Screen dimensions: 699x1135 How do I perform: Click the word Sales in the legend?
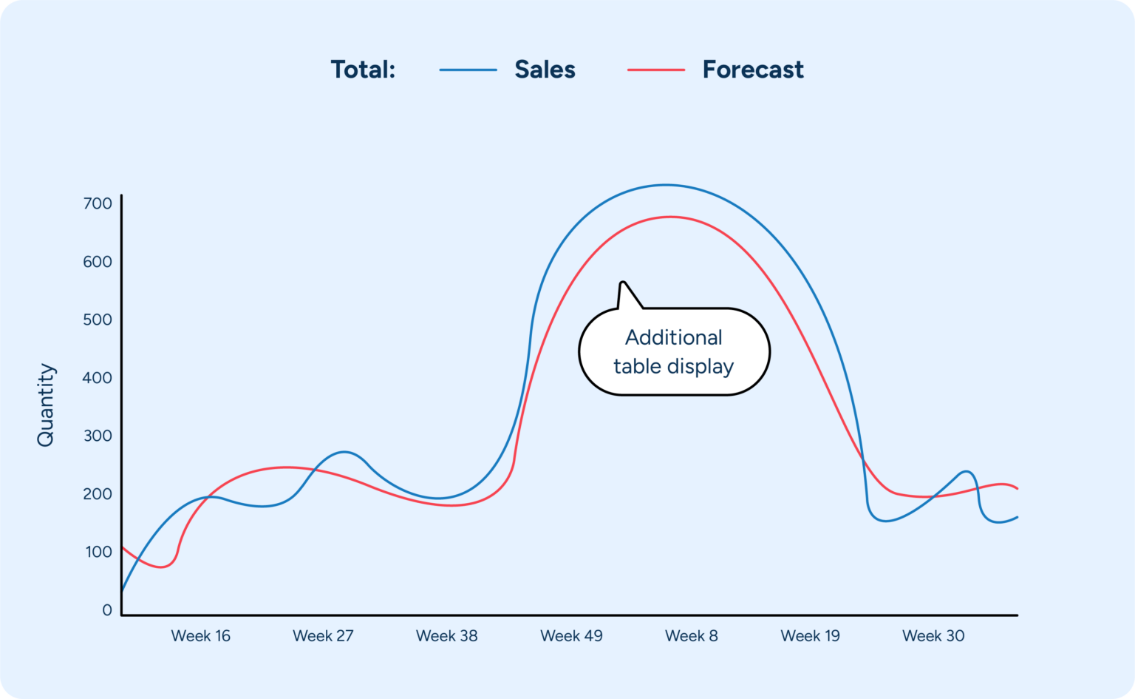(x=545, y=70)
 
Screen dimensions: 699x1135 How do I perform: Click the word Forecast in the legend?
(x=752, y=70)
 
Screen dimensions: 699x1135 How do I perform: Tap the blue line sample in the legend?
(x=468, y=70)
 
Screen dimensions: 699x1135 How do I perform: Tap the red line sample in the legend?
(x=655, y=70)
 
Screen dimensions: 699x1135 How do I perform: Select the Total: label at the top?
(x=363, y=70)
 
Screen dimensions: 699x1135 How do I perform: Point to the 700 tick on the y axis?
(x=98, y=203)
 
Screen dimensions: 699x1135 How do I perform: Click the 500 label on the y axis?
(x=98, y=320)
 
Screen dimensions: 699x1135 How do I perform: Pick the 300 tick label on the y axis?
(x=98, y=436)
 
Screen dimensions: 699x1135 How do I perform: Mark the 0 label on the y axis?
(x=107, y=610)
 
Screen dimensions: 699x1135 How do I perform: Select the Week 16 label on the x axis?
(x=200, y=636)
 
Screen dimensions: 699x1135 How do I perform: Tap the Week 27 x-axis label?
(x=323, y=636)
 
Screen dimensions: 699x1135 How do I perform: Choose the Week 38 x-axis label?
(x=446, y=636)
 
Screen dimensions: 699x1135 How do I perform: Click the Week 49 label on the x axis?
(x=571, y=636)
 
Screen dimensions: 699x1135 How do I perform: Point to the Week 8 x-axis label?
(x=691, y=636)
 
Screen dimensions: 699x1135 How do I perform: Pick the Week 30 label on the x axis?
(x=933, y=636)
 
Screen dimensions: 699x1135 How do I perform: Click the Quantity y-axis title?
(x=46, y=405)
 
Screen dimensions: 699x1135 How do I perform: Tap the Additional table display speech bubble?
(x=674, y=352)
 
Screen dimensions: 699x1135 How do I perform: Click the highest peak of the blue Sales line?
(x=665, y=185)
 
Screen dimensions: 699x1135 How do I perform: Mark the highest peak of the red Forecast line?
(x=670, y=217)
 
